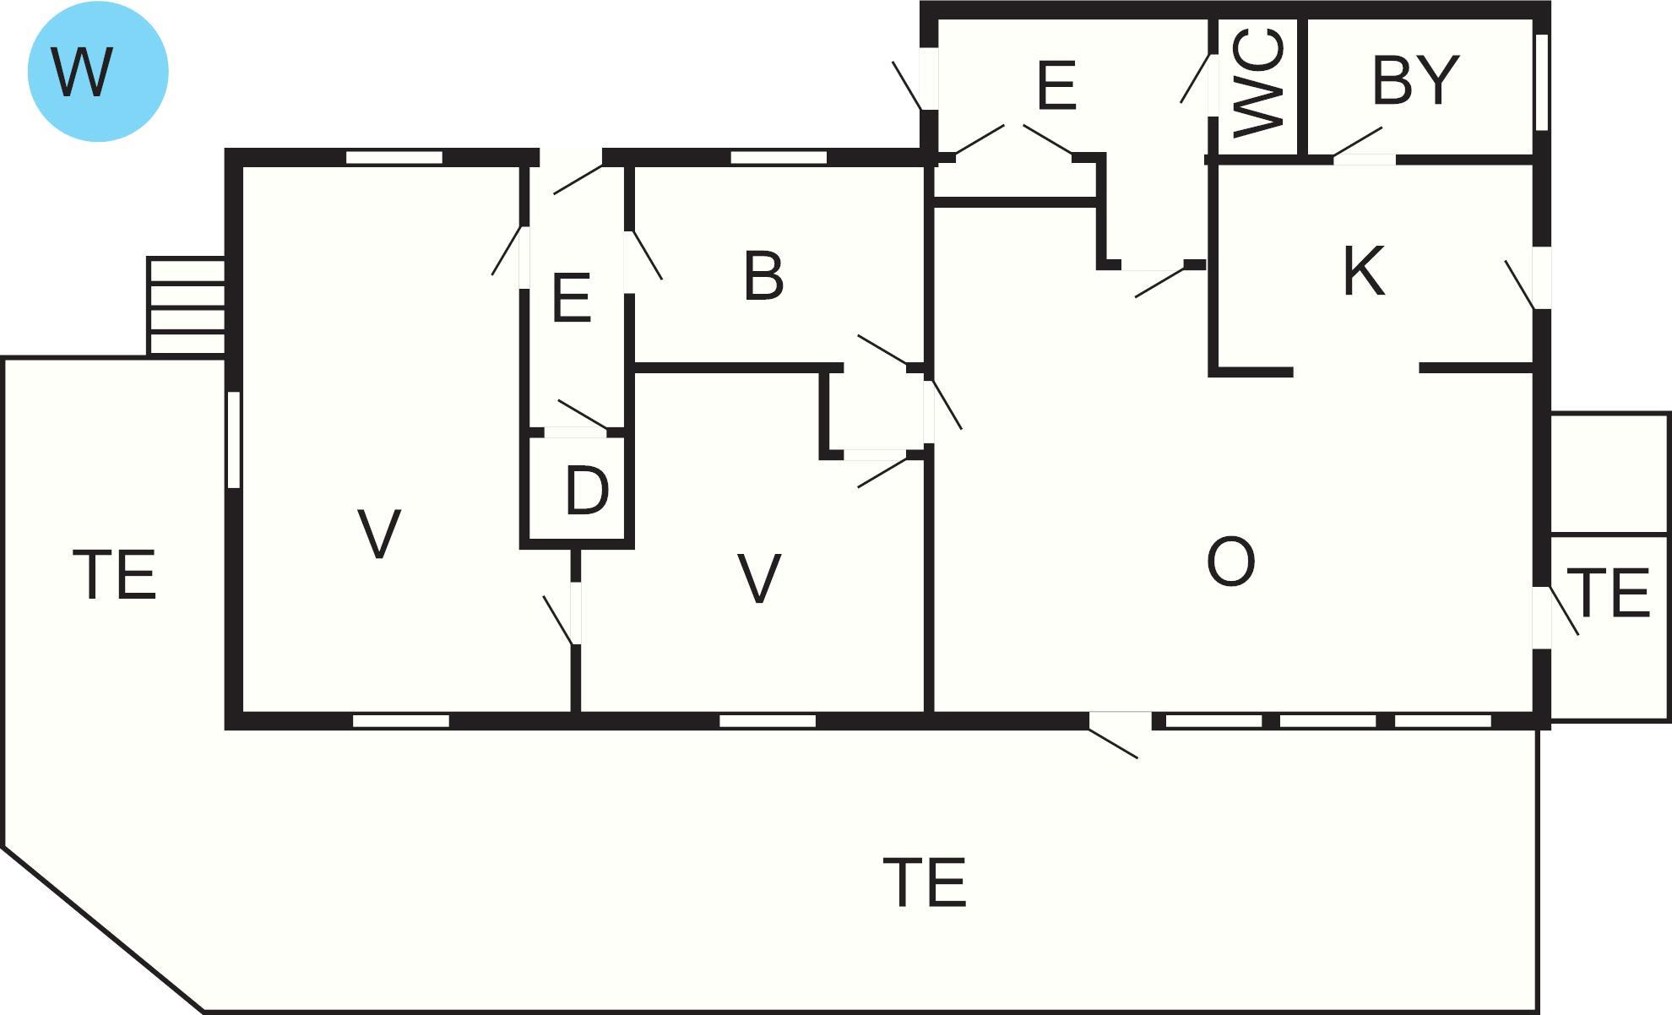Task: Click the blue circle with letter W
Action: click(98, 71)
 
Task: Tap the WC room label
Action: click(1258, 82)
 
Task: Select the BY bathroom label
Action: click(1415, 80)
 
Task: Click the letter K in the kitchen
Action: click(1364, 270)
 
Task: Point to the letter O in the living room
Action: click(1230, 562)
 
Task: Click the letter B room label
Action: click(763, 275)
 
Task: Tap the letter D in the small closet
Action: click(587, 491)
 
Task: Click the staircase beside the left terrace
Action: click(186, 306)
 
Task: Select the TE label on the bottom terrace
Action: click(924, 882)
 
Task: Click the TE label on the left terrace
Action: click(115, 575)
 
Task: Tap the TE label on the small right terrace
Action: click(1608, 593)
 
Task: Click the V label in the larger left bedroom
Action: click(378, 534)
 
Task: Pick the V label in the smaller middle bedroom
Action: click(758, 578)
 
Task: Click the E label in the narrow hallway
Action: click(571, 297)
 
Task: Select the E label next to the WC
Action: click(1056, 85)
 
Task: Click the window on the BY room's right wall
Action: click(1541, 82)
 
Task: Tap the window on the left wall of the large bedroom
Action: click(234, 439)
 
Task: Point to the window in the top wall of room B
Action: click(779, 157)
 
